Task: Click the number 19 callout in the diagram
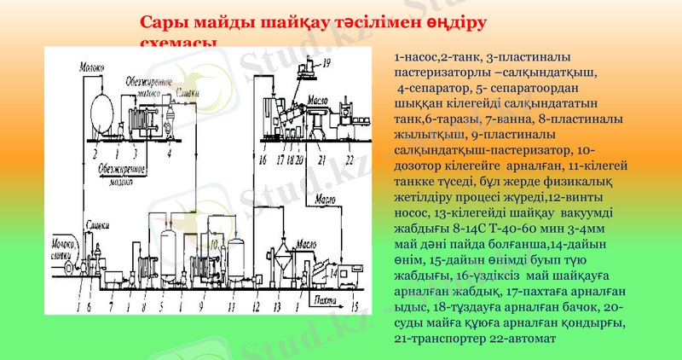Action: pos(328,62)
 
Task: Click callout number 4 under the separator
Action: pos(170,153)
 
